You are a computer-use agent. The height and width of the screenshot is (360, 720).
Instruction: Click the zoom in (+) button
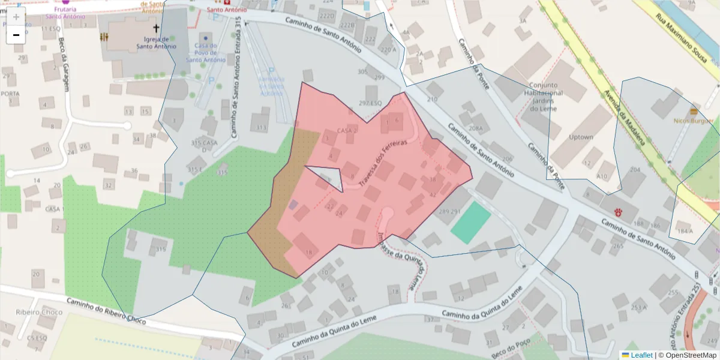[x=16, y=17]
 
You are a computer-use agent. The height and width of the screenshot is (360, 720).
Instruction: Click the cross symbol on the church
[x=157, y=28]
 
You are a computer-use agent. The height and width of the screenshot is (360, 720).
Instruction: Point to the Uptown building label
[x=581, y=137]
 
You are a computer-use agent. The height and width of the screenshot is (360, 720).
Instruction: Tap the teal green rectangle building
[x=470, y=222]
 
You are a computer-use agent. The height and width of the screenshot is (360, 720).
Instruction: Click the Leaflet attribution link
[x=641, y=355]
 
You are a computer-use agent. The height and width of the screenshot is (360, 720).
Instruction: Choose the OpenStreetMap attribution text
[x=688, y=355]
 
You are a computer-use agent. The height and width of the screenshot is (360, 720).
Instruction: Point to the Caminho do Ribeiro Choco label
[x=106, y=310]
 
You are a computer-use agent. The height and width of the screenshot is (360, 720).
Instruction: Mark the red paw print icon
[x=618, y=212]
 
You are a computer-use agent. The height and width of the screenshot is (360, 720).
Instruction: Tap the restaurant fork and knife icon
[x=105, y=37]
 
